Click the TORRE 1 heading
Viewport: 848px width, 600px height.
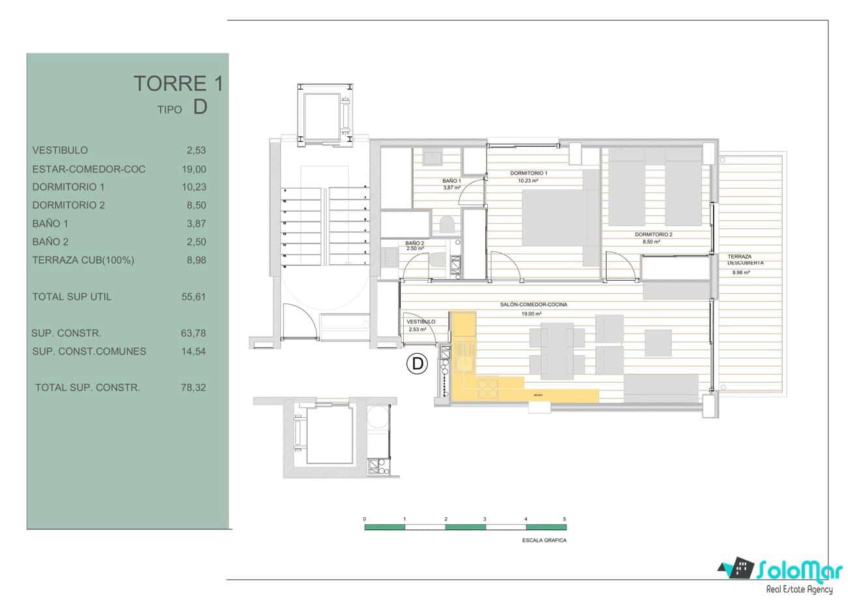coord(178,84)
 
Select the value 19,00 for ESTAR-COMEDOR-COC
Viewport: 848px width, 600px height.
coord(194,169)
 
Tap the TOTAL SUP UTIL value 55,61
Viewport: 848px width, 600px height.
coord(194,296)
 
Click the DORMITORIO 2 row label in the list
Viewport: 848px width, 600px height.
coord(68,205)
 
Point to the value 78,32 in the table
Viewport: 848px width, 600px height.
coord(193,387)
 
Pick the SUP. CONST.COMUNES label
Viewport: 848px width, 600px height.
coord(89,351)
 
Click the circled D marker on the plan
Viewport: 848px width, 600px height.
coord(416,364)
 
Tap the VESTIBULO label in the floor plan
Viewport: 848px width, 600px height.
coord(421,322)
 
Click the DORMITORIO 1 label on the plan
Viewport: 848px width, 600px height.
coord(528,173)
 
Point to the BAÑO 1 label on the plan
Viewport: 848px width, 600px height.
coord(451,181)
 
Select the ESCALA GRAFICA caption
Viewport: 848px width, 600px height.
coord(545,541)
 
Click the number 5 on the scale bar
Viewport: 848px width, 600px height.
coord(564,518)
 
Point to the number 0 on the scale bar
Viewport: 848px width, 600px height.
coord(365,518)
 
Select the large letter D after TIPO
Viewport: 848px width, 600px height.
coord(200,108)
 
